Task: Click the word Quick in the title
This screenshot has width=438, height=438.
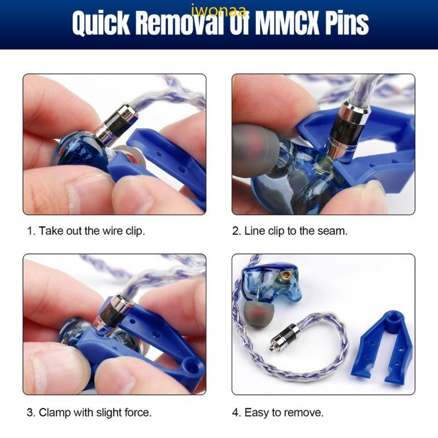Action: (101, 23)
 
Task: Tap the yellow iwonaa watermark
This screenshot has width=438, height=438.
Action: (218, 10)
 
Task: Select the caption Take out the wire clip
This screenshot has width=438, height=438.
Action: (86, 231)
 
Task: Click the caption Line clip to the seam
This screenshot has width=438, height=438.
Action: (290, 231)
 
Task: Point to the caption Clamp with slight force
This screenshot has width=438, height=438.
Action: (89, 413)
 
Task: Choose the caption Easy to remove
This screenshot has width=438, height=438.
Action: (278, 413)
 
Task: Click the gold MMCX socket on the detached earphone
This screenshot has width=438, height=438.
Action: (285, 276)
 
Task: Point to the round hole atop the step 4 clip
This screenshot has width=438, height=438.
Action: (394, 317)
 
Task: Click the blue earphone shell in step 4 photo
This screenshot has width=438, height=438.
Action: (271, 283)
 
